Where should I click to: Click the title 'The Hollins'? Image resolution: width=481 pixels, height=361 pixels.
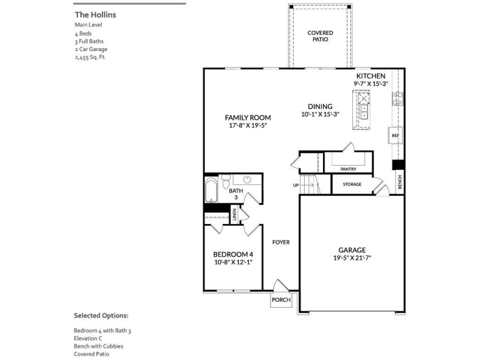(95, 14)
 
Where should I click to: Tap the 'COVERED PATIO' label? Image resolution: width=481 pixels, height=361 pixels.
(320, 36)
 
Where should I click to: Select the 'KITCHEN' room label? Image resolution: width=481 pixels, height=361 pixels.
(370, 76)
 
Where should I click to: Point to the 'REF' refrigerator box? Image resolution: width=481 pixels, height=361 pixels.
(395, 136)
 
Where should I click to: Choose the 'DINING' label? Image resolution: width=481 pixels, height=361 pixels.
(320, 107)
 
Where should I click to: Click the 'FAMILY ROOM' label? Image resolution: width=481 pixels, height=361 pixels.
(247, 117)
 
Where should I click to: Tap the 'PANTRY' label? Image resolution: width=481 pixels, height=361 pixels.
(348, 169)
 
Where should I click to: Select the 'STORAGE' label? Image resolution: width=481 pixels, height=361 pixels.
(352, 184)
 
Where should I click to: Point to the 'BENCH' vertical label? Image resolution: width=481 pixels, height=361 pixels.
(400, 182)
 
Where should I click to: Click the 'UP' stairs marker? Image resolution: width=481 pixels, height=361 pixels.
(295, 185)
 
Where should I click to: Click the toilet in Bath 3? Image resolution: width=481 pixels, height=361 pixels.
(226, 183)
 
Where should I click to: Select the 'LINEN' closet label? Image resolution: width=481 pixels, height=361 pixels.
(234, 215)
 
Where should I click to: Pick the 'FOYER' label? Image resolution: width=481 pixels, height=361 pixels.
(281, 242)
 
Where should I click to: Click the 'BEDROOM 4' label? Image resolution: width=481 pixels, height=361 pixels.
(232, 254)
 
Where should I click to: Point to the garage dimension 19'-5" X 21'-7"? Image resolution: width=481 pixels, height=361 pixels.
(352, 258)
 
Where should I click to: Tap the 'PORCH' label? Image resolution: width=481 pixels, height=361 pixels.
(281, 300)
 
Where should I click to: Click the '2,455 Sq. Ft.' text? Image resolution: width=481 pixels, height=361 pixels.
(90, 57)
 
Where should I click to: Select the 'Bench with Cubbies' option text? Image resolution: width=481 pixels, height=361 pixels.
(98, 346)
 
